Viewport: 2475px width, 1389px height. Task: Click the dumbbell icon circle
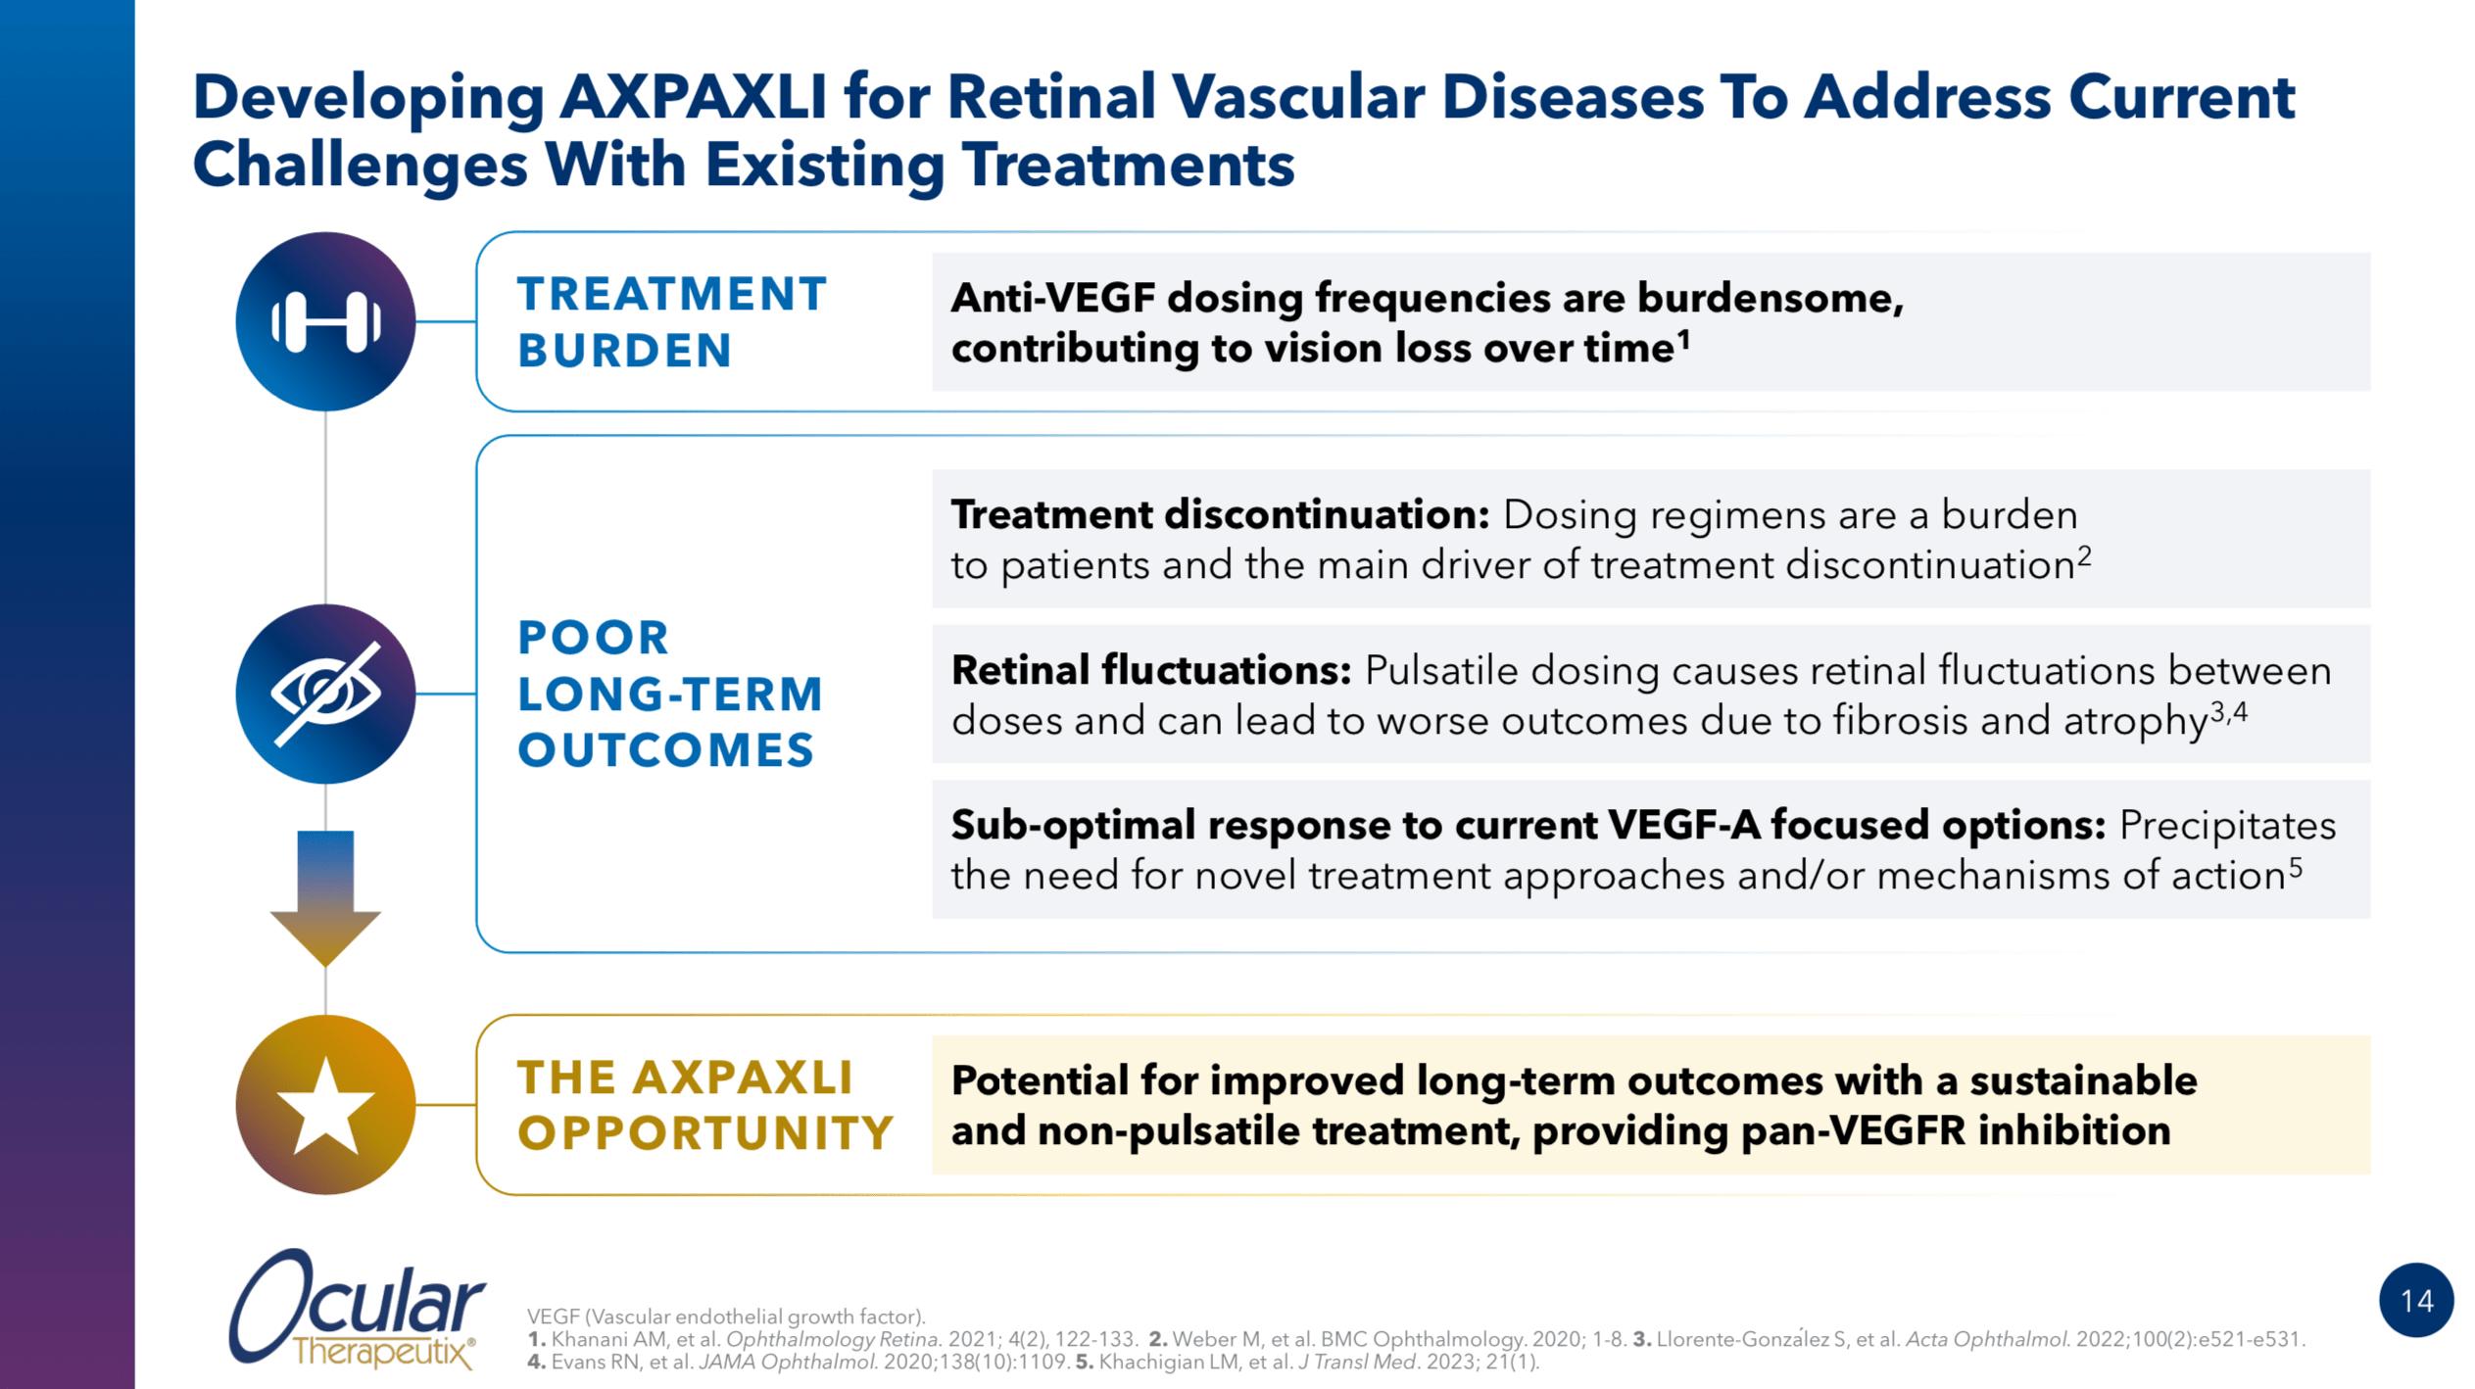click(x=325, y=321)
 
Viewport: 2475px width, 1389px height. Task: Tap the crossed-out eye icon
click(x=325, y=694)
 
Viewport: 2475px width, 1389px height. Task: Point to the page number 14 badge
click(x=2415, y=1300)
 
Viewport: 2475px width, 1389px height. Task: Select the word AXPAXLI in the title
click(x=692, y=98)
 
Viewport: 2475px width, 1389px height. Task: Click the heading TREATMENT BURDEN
click(x=672, y=321)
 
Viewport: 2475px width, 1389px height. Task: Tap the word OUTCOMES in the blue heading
click(x=666, y=750)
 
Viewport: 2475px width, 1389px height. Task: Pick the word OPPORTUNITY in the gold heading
click(x=705, y=1133)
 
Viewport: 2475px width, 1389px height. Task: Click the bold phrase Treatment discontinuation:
click(x=1220, y=515)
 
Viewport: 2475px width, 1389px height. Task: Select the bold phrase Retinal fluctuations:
click(x=1151, y=671)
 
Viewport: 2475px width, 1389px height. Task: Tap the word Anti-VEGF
click(x=1053, y=298)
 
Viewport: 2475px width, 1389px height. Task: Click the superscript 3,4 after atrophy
click(x=2228, y=711)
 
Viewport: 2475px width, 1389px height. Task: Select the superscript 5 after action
click(x=2295, y=866)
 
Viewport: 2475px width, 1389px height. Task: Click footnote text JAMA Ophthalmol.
click(x=788, y=1362)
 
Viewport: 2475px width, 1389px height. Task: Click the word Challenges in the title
click(x=360, y=165)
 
